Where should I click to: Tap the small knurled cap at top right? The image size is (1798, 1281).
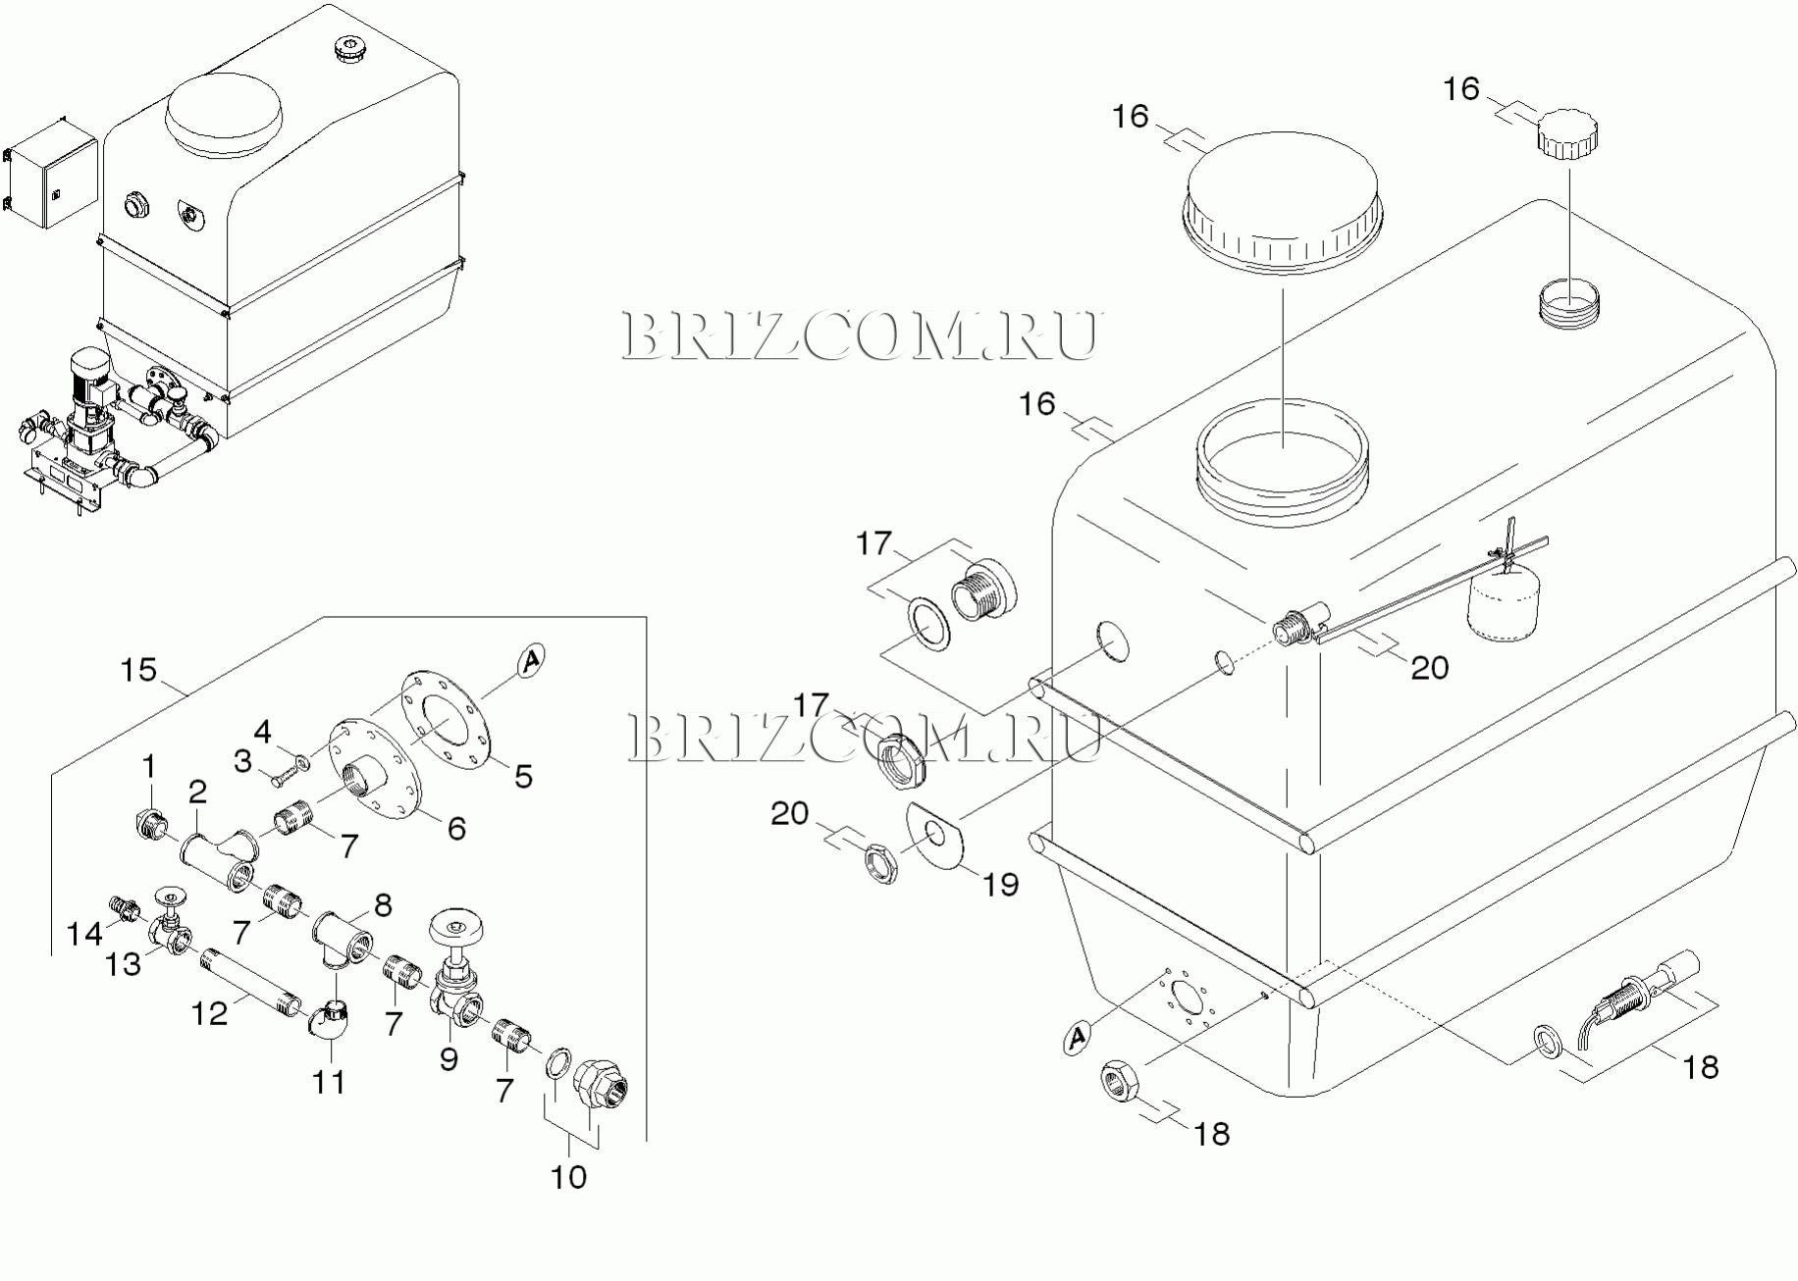coord(1566,132)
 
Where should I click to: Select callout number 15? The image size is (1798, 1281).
coord(138,671)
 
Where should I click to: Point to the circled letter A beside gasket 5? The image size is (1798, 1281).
coord(531,661)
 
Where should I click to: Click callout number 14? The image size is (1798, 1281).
coord(84,933)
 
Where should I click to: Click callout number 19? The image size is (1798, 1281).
coord(1001,885)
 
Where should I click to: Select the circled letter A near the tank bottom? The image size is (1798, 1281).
coord(1078,1037)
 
